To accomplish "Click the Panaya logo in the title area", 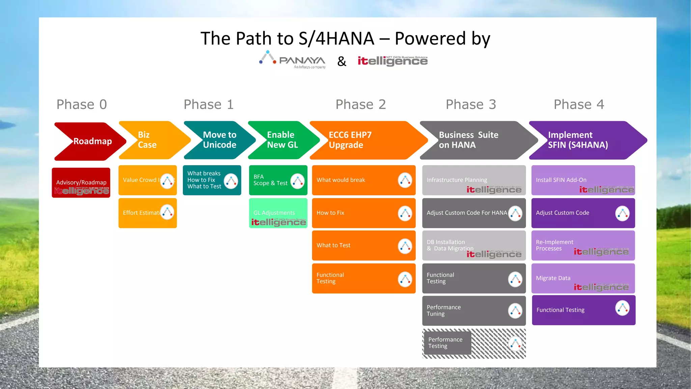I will (x=292, y=60).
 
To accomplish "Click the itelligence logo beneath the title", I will (x=392, y=61).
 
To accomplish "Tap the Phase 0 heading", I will (x=82, y=104).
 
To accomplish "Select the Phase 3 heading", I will (x=471, y=104).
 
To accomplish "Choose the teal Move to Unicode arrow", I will (x=219, y=140).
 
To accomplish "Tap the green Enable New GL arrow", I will (x=282, y=140).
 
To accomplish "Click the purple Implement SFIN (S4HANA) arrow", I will (x=584, y=140).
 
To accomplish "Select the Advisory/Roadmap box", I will (x=81, y=183).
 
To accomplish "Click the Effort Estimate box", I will (x=147, y=213).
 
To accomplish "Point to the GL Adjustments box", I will (x=278, y=213).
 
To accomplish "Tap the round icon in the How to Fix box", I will (x=405, y=213).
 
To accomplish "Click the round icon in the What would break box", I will (x=405, y=180).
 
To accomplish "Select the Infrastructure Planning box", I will (x=474, y=180).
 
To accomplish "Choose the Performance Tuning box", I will (x=474, y=311).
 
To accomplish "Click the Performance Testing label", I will (x=446, y=343).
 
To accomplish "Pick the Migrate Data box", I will (x=583, y=278).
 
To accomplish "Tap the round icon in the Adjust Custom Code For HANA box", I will (x=515, y=213).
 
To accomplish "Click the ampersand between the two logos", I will (x=342, y=61).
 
